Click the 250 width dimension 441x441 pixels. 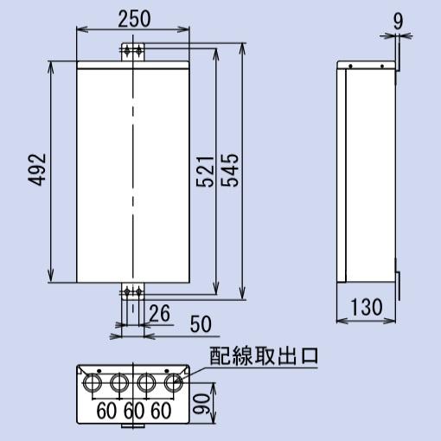click(x=133, y=18)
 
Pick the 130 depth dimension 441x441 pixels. click(x=366, y=306)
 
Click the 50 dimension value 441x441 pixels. click(x=200, y=323)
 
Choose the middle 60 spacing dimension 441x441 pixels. click(x=133, y=410)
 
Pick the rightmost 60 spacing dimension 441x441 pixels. click(x=160, y=410)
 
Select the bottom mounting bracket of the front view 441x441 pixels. click(x=132, y=296)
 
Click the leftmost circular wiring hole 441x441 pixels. click(x=91, y=381)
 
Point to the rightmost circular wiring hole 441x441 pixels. click(x=176, y=381)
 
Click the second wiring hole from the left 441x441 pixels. click(x=119, y=381)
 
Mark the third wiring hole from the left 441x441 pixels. click(x=148, y=381)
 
